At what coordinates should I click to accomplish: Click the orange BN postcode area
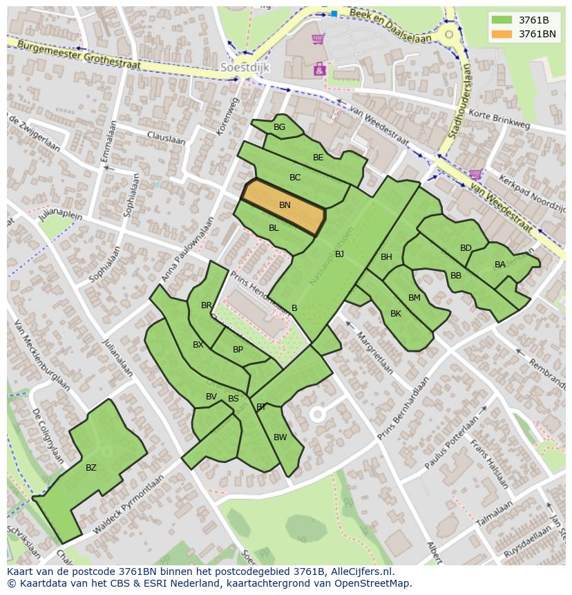[283, 207]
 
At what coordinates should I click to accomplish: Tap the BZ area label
[91, 468]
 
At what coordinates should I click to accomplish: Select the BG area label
[279, 127]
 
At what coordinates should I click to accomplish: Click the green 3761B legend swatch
[502, 20]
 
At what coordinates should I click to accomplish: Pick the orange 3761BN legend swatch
[502, 34]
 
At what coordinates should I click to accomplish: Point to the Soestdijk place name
[244, 68]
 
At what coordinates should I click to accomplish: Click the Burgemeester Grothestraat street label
[79, 54]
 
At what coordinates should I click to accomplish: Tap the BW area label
[280, 437]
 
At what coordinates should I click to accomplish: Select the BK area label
[396, 314]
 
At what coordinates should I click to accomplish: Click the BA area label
[499, 265]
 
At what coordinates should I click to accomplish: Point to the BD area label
[466, 248]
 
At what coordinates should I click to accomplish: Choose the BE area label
[318, 158]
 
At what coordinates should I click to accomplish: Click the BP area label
[238, 350]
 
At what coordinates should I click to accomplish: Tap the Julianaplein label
[61, 225]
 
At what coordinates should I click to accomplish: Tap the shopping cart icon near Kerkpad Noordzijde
[475, 174]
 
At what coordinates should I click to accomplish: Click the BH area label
[386, 257]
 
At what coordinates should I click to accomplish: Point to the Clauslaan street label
[166, 138]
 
